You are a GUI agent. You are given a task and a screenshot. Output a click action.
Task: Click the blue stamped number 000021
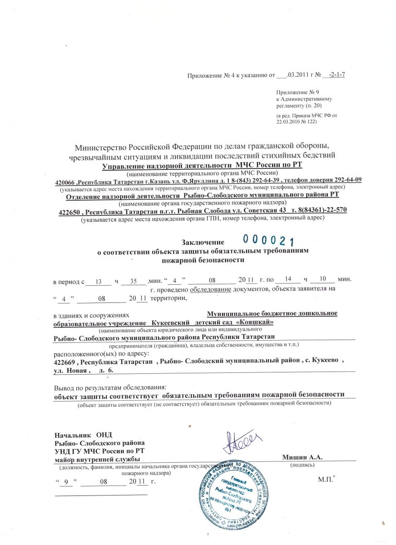(268, 240)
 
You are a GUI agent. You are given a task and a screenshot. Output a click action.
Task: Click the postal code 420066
(66, 180)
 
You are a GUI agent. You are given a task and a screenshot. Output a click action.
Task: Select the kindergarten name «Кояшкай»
(255, 322)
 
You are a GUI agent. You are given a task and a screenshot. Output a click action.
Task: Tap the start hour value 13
(99, 282)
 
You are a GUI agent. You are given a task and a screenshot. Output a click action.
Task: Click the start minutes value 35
(134, 282)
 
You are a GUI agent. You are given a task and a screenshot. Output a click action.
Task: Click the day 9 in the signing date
(67, 481)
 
